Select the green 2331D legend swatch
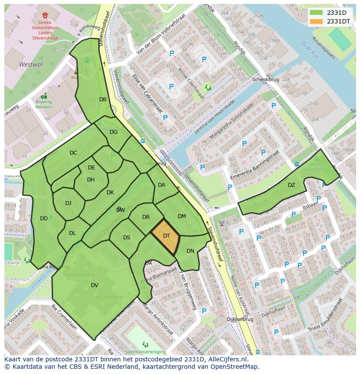317,13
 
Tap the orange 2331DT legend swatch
317,21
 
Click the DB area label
103,99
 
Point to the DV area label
94,285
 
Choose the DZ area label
291,185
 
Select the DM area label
182,216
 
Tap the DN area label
190,251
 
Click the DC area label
73,153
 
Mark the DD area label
43,218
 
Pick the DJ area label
68,203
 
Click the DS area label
127,238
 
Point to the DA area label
161,185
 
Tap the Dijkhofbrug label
240,319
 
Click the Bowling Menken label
43,105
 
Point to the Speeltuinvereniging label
145,351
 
